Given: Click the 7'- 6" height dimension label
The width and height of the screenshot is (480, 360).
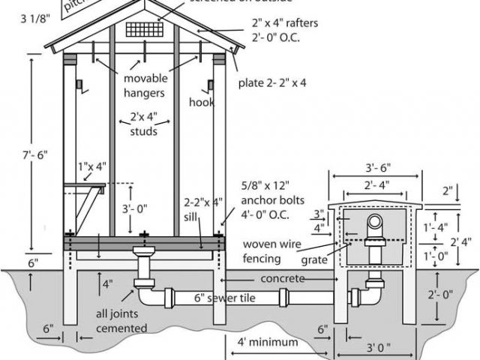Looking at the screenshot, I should (31, 154).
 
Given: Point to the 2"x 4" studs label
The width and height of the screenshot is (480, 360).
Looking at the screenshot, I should (140, 125).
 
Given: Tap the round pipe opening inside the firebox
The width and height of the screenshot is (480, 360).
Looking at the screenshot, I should (376, 224).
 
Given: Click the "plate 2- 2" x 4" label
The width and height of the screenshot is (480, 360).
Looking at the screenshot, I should (272, 83).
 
